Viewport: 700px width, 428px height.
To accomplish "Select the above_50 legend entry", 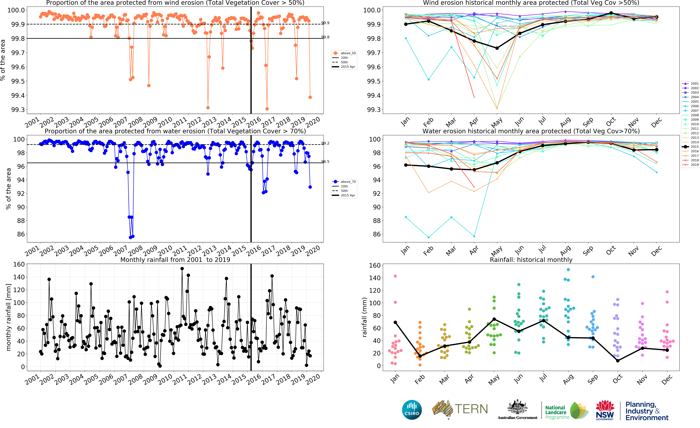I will pyautogui.click(x=344, y=53).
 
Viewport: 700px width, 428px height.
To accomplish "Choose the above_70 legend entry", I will pyautogui.click(x=344, y=182).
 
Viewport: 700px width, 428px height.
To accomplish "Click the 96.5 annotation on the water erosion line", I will pyautogui.click(x=325, y=162).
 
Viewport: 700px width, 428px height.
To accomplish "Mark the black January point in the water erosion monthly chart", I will pyautogui.click(x=406, y=165).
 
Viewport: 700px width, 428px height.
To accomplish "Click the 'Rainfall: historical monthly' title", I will pyautogui.click(x=531, y=260).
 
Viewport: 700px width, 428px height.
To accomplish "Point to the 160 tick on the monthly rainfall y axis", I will pyautogui.click(x=19, y=264).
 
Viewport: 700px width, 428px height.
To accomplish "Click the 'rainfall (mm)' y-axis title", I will pyautogui.click(x=364, y=317).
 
